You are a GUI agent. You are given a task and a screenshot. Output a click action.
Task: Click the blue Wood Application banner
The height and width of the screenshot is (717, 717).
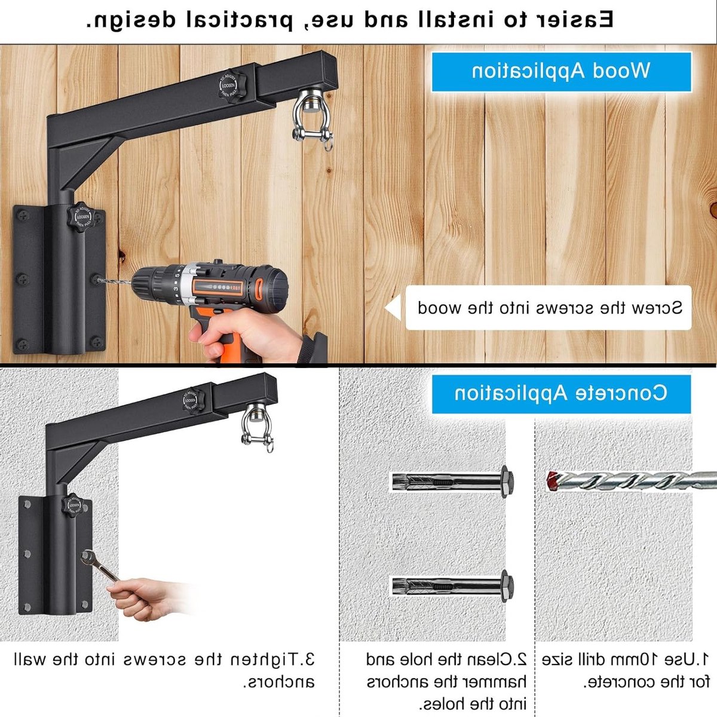pyautogui.click(x=561, y=72)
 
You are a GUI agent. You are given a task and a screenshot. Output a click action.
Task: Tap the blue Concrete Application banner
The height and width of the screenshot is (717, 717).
pyautogui.click(x=561, y=394)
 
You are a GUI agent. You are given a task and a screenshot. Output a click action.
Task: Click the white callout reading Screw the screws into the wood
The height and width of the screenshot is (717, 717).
pyautogui.click(x=548, y=308)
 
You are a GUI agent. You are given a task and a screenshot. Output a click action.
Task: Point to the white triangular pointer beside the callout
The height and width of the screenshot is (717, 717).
pyautogui.click(x=393, y=307)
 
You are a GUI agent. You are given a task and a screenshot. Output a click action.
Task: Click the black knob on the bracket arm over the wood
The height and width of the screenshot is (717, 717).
pyautogui.click(x=232, y=85)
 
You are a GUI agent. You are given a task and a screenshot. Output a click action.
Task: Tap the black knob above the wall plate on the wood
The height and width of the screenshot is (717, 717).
pyautogui.click(x=81, y=216)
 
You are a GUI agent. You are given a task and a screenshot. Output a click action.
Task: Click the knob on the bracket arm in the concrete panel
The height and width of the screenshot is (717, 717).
pyautogui.click(x=194, y=402)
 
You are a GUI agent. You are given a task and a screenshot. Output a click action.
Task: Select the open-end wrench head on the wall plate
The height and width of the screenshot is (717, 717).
pyautogui.click(x=88, y=558)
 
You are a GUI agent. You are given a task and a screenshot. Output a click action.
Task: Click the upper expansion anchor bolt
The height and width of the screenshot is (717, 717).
pyautogui.click(x=453, y=482)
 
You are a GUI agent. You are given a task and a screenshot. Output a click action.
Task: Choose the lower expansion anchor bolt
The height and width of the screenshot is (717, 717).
pyautogui.click(x=453, y=586)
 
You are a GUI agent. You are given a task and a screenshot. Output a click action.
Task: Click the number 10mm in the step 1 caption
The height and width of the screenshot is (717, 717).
pyautogui.click(x=648, y=659)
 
